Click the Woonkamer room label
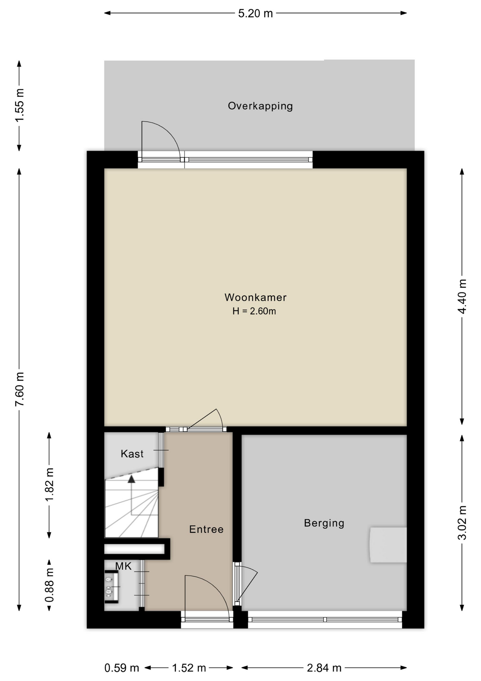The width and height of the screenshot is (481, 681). [x=255, y=297]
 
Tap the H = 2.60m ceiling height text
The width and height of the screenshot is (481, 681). [x=254, y=311]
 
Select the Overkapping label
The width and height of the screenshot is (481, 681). [x=260, y=106]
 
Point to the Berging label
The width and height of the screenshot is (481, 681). [x=324, y=523]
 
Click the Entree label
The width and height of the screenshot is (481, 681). [x=206, y=529]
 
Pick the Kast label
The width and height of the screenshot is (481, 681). [x=132, y=454]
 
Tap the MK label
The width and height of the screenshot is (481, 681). [x=123, y=566]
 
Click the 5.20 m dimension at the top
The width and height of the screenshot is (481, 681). [x=255, y=13]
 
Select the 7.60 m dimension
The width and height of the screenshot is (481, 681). [x=19, y=389]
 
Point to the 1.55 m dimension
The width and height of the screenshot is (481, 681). [x=19, y=105]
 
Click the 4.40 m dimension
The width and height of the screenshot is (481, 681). [x=462, y=296]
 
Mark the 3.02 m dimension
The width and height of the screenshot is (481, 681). [x=462, y=522]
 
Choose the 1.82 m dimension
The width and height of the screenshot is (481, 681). [x=49, y=485]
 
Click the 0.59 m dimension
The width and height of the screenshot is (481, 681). [x=121, y=668]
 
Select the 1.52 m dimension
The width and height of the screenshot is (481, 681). [x=189, y=668]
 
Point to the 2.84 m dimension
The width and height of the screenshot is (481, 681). [x=324, y=668]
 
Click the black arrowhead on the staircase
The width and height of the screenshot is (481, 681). [x=131, y=479]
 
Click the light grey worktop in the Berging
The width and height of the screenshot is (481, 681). [x=388, y=545]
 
